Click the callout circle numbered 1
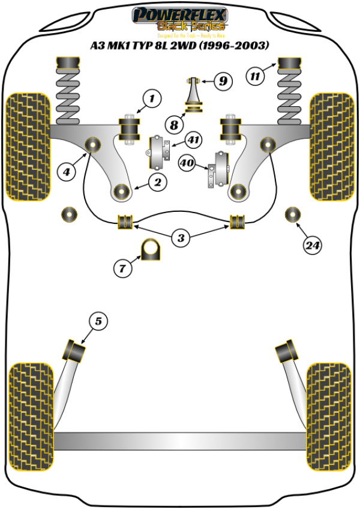click(152, 98)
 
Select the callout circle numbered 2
click(158, 182)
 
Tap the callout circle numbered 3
click(181, 238)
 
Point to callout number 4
click(67, 172)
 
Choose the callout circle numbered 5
click(99, 322)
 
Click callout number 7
click(122, 268)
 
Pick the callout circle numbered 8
click(173, 125)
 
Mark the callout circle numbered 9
click(223, 80)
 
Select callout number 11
click(256, 76)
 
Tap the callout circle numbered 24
click(311, 245)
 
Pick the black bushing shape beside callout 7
click(152, 250)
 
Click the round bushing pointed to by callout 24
click(292, 214)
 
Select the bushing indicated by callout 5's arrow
click(75, 349)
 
